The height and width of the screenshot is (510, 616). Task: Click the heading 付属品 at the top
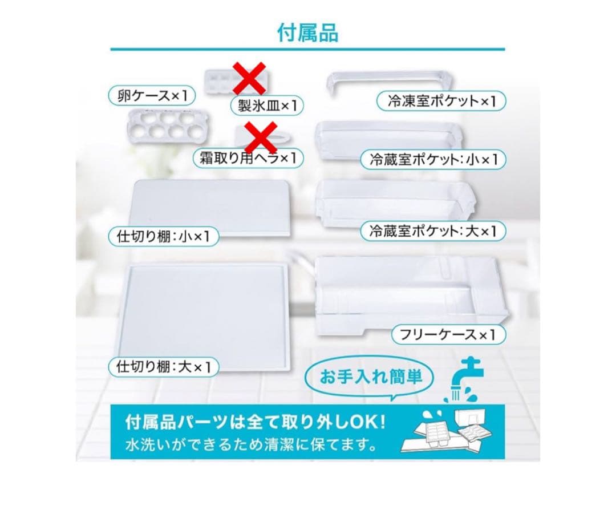[x=307, y=33]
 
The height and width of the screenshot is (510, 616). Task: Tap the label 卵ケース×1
[x=148, y=95]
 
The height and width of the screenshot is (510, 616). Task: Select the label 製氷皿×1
[x=266, y=105]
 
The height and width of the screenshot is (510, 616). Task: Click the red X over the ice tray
[x=249, y=78]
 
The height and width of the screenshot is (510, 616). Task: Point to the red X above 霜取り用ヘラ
[x=260, y=137]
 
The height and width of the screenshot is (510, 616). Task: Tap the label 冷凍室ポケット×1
[x=441, y=102]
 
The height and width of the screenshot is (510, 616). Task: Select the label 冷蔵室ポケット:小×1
[x=433, y=159]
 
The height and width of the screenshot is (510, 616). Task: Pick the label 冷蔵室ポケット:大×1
[x=433, y=231]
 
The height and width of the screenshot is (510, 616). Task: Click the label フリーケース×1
[x=449, y=334]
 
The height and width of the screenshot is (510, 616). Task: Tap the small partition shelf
[x=211, y=205]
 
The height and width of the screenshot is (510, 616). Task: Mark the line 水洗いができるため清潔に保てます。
[x=246, y=443]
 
